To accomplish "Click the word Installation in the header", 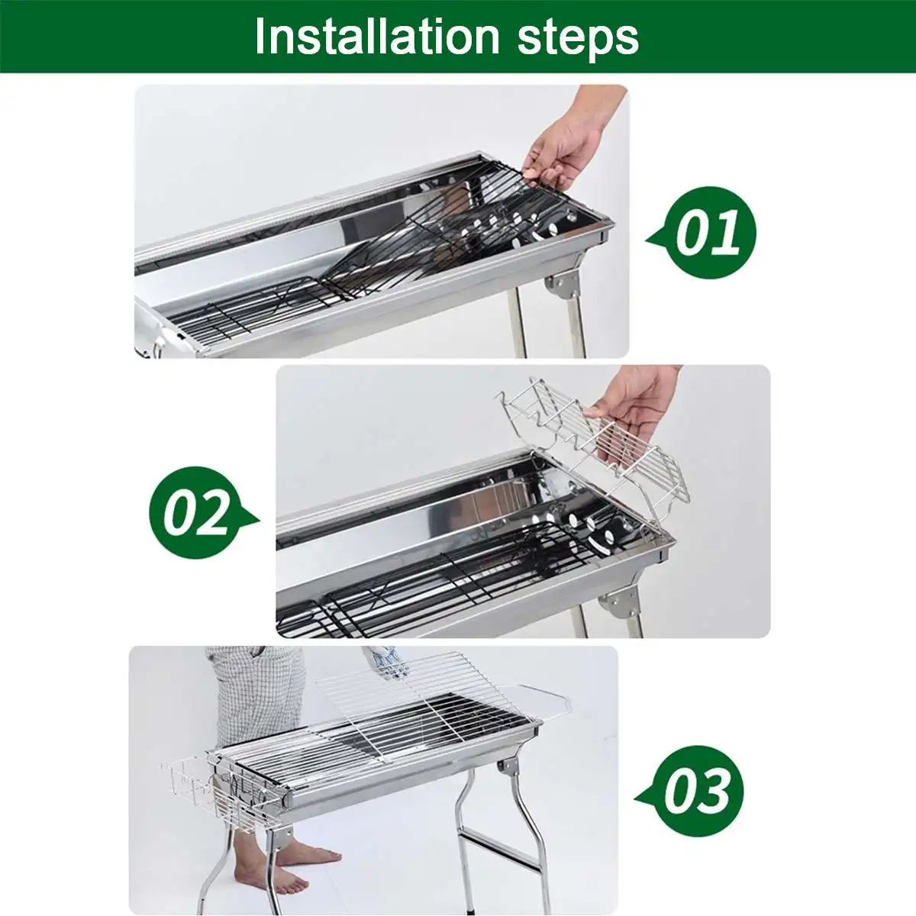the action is [377, 36].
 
